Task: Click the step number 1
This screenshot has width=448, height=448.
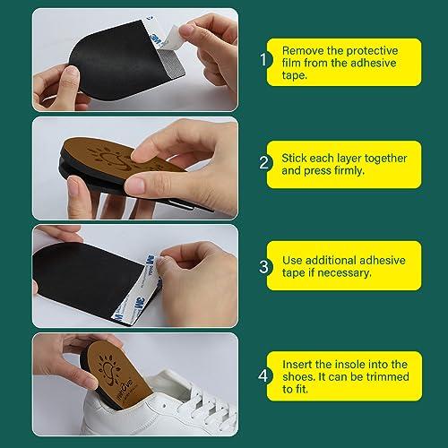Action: coord(263,59)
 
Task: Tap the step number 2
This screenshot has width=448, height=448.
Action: coord(264,163)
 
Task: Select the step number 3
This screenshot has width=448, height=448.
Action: coord(264,267)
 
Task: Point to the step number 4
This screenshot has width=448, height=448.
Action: coord(263,375)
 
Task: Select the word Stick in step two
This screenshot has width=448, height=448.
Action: coord(294,158)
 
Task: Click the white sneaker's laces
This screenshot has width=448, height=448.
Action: coord(209,401)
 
